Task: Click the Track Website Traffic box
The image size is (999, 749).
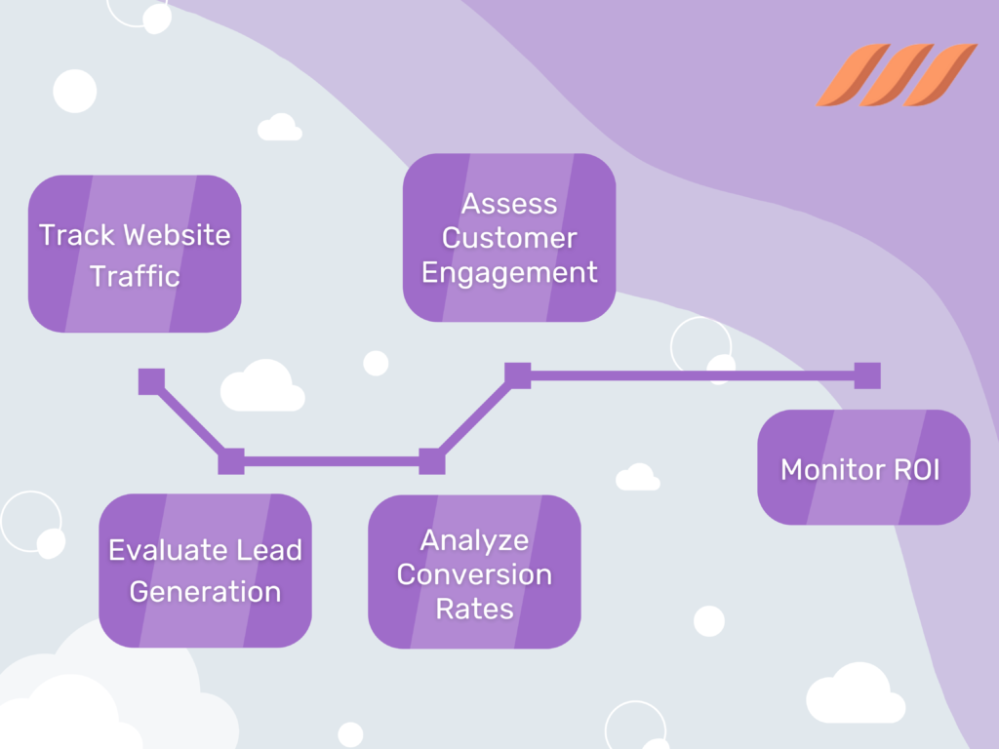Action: click(135, 254)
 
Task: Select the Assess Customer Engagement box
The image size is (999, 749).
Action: click(509, 237)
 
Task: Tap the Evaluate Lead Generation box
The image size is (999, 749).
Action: click(205, 571)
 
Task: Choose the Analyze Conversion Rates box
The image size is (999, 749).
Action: click(474, 572)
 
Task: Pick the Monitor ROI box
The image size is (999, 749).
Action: click(863, 467)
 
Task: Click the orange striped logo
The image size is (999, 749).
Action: click(896, 75)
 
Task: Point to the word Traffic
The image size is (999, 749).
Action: click(136, 276)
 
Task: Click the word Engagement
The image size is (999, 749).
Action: click(509, 273)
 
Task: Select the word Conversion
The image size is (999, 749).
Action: click(474, 573)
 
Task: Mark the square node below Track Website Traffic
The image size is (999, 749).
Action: click(151, 381)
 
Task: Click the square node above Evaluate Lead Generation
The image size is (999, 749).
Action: click(231, 461)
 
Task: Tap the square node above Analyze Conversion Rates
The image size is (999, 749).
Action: click(431, 461)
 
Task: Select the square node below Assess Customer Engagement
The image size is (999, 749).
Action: click(517, 375)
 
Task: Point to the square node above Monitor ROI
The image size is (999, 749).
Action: click(867, 375)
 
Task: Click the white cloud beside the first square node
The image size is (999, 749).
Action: click(261, 387)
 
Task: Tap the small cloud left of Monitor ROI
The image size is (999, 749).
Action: click(637, 478)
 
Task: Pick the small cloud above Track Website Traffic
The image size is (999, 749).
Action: click(279, 128)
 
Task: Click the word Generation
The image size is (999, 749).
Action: click(205, 592)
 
